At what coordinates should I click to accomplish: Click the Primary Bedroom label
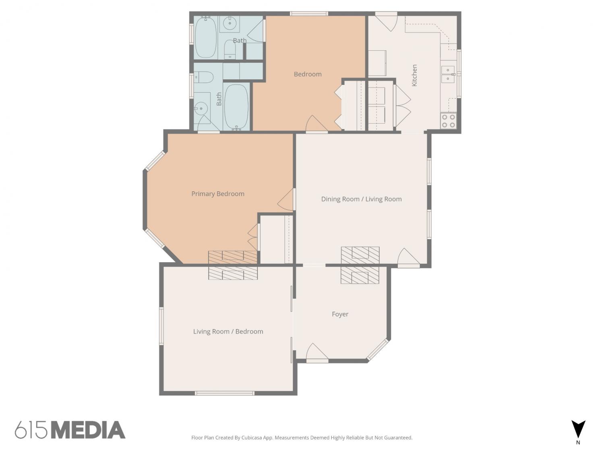(218, 194)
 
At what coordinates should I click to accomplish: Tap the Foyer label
(340, 314)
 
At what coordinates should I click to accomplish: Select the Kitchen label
(414, 75)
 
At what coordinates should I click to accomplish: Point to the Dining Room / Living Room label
(361, 199)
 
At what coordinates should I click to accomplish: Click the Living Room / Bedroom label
(228, 331)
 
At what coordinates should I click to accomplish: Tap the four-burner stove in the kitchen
(448, 121)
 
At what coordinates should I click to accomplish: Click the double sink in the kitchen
(448, 74)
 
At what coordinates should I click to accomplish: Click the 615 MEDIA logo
(70, 430)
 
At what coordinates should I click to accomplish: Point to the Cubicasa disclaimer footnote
(302, 438)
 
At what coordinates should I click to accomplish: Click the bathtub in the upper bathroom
(206, 38)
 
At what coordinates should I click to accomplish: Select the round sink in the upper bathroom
(229, 24)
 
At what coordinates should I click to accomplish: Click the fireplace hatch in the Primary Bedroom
(232, 257)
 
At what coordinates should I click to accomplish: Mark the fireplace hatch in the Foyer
(360, 275)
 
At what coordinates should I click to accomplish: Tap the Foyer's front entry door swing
(317, 352)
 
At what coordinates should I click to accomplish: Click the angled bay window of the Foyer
(378, 350)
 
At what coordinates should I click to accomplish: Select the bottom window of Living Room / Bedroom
(225, 393)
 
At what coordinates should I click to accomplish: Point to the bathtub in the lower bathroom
(236, 107)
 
